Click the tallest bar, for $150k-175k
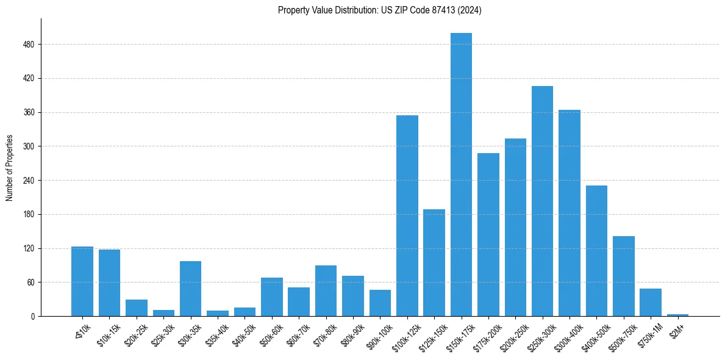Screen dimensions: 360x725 pyautogui.click(x=461, y=175)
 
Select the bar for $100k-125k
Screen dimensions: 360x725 pyautogui.click(x=407, y=215)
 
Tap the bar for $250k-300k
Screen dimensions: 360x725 pyautogui.click(x=542, y=201)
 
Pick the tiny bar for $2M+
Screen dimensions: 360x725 pyautogui.click(x=677, y=315)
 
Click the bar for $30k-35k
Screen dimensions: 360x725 pyautogui.click(x=191, y=289)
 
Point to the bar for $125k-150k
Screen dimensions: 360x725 pyautogui.click(x=434, y=262)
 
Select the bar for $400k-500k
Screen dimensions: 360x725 pyautogui.click(x=596, y=251)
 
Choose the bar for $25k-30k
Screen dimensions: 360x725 pyautogui.click(x=163, y=313)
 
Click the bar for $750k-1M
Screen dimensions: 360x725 pyautogui.click(x=651, y=302)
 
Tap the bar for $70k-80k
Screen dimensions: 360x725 pyautogui.click(x=326, y=290)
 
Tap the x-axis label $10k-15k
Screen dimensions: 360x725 pyautogui.click(x=107, y=333)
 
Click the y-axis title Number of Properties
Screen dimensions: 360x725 pyautogui.click(x=9, y=168)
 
